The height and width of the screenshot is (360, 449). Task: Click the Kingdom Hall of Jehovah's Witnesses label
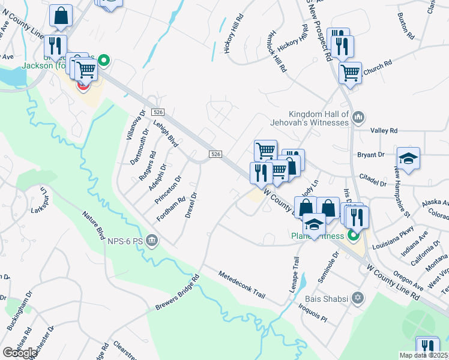pyautogui.click(x=319, y=118)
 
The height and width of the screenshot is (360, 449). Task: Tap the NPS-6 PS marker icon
pyautogui.click(x=152, y=241)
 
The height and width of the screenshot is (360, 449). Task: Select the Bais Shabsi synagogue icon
pyautogui.click(x=358, y=298)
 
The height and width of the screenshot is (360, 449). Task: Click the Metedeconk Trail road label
pyautogui.click(x=241, y=284)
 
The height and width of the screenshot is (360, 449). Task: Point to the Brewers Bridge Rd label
pyautogui.click(x=177, y=292)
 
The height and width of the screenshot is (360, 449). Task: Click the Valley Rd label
pyautogui.click(x=384, y=130)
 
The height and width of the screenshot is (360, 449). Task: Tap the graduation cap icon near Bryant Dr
pyautogui.click(x=409, y=158)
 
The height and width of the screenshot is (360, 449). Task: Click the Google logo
pyautogui.click(x=20, y=352)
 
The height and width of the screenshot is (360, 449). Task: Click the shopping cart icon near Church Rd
pyautogui.click(x=350, y=73)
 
